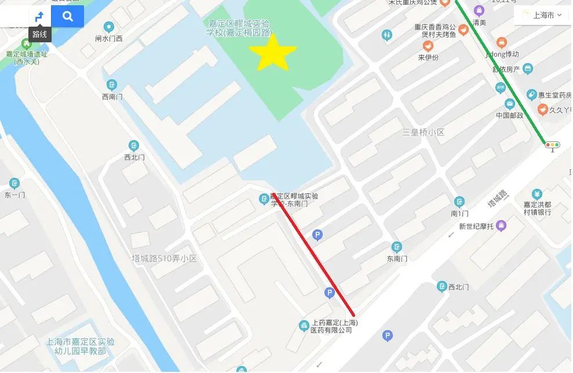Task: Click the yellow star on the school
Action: coord(272,52)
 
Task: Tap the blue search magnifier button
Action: coord(68,16)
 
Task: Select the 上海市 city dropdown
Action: coord(542,16)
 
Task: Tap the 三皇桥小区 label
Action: coord(424,133)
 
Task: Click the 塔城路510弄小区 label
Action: coord(164,258)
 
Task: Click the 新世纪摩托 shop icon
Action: coord(501,225)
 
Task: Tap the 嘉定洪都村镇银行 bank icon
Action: coord(537,193)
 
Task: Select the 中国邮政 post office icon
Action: coord(510,104)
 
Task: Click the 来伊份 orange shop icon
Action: coord(428,46)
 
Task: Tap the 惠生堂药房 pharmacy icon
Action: coord(531,94)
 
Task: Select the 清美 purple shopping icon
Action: coord(479,10)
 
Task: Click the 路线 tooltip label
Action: coord(39,34)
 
